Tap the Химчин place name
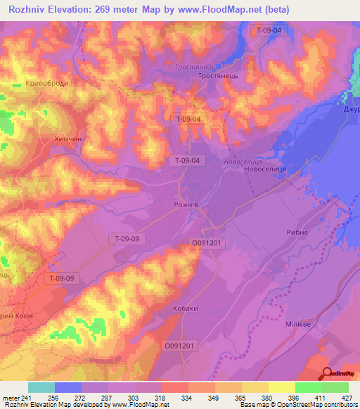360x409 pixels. (x=68, y=139)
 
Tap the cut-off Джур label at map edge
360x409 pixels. (x=352, y=110)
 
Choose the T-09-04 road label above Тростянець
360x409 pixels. (x=269, y=30)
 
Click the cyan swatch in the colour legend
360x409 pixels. (x=41, y=387)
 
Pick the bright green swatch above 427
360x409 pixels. (x=335, y=387)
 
